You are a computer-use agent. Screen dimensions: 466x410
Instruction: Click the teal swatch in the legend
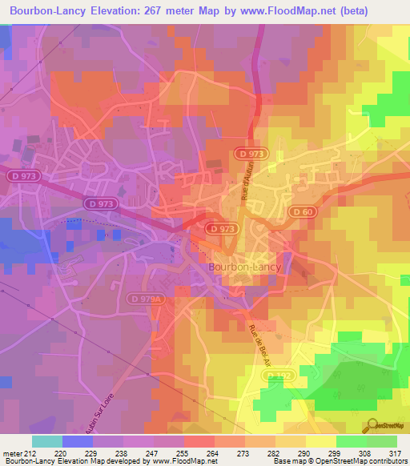tap(47, 441)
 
